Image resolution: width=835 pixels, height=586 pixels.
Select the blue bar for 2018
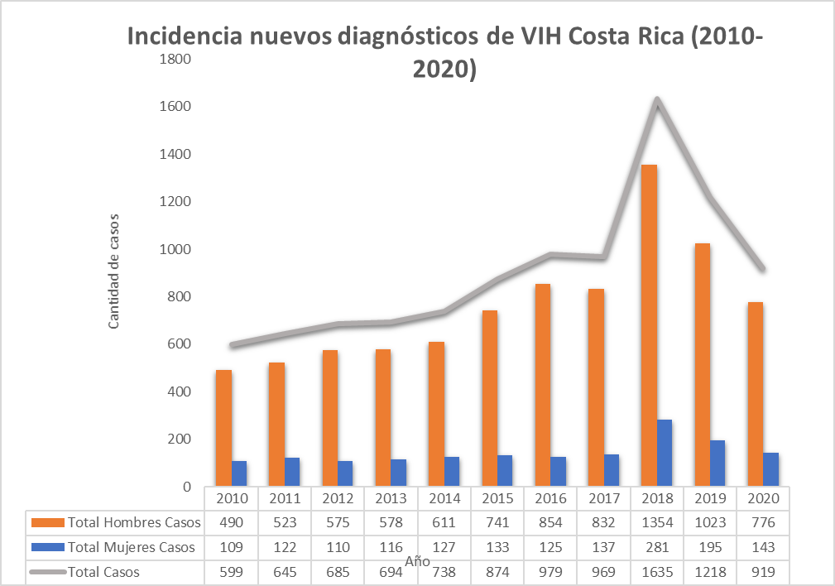click(x=664, y=453)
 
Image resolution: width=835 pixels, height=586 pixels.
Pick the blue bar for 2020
click(x=770, y=469)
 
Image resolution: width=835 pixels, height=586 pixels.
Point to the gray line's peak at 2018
click(x=656, y=100)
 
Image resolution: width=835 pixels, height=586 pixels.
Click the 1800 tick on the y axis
click(x=175, y=59)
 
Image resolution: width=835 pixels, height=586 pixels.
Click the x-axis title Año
click(x=417, y=560)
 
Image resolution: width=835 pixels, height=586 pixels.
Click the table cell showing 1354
click(x=655, y=523)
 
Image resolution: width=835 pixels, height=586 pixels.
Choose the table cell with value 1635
click(x=655, y=572)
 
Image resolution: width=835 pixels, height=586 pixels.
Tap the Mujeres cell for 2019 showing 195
click(x=709, y=547)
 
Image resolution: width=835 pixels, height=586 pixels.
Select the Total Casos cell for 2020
click(x=762, y=572)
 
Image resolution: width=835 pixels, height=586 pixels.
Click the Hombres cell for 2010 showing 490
click(x=231, y=523)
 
